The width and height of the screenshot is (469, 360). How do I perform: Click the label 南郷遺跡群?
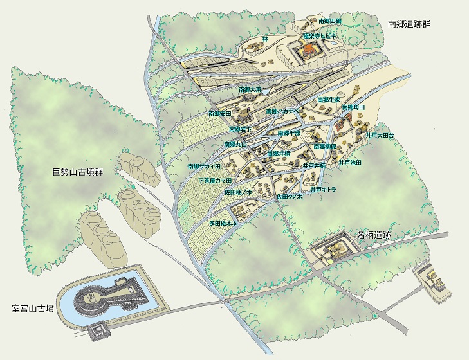point(409,24)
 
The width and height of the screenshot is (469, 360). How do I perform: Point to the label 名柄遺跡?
point(373,235)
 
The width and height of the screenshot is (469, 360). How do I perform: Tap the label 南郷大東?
point(250,89)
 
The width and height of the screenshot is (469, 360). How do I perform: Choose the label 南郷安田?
point(219,113)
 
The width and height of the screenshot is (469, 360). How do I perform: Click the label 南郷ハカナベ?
point(283,111)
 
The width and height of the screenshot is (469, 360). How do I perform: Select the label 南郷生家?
point(329,100)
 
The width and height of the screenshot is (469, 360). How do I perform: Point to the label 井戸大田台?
point(379,136)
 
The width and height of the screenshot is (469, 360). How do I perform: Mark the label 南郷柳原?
point(326,147)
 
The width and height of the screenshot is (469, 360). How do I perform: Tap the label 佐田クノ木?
point(290,196)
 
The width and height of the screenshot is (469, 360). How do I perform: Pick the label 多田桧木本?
point(223,223)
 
